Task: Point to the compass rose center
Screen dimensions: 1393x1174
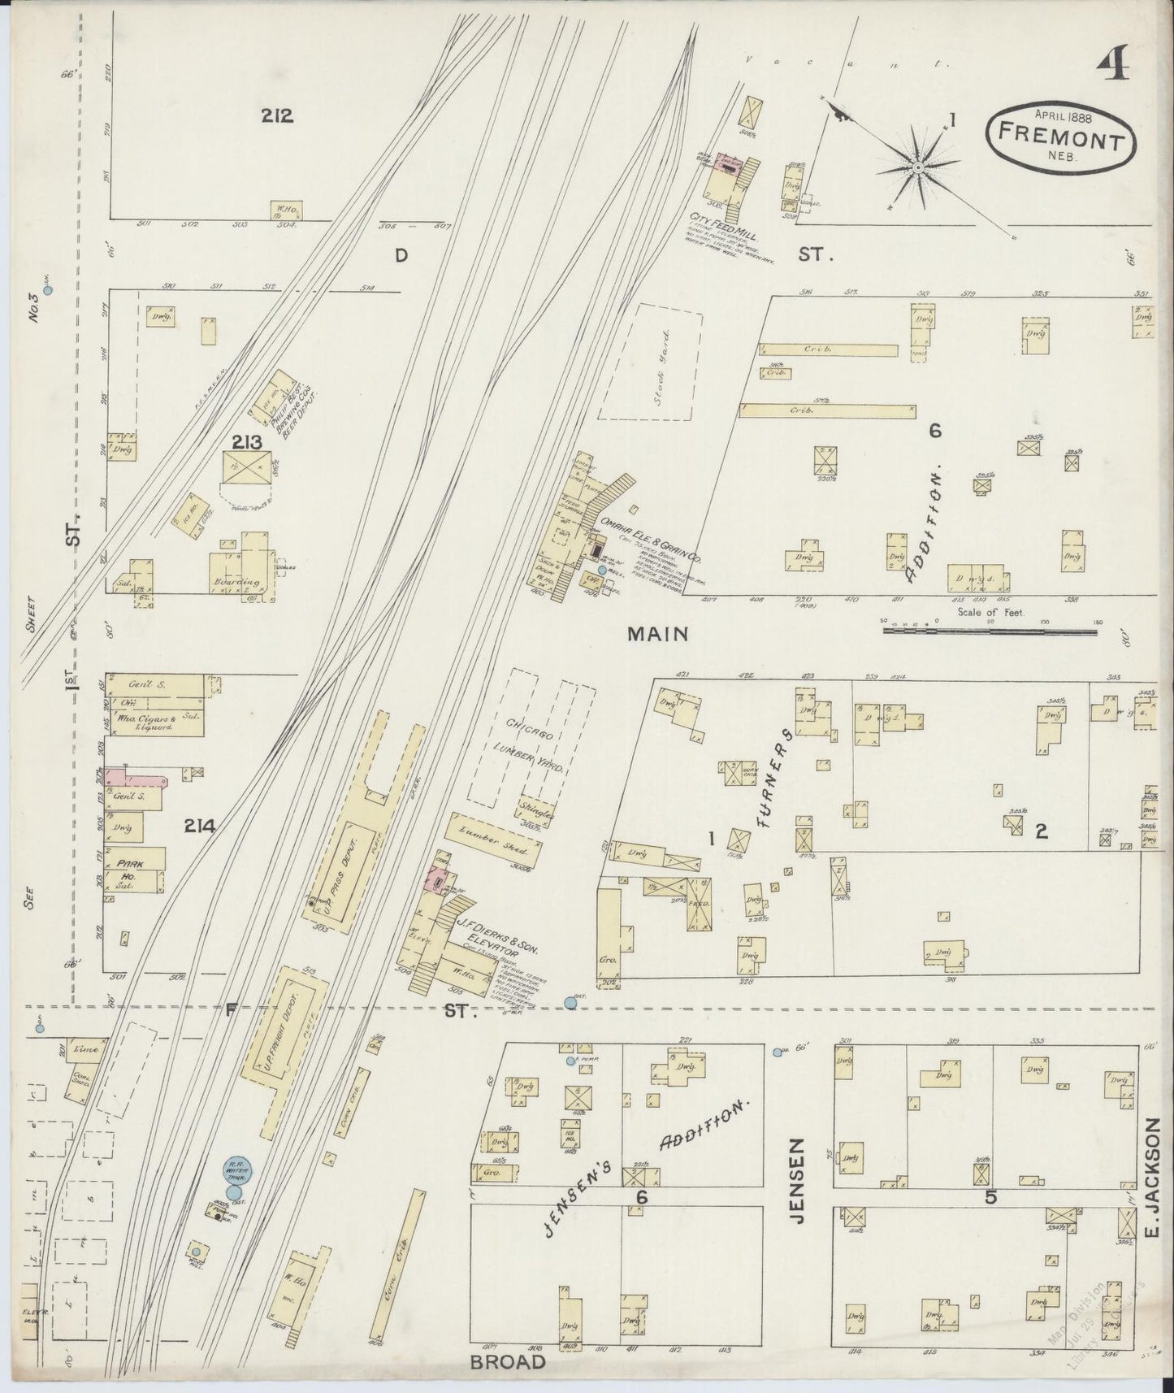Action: (x=917, y=167)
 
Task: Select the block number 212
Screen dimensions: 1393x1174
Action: (x=277, y=115)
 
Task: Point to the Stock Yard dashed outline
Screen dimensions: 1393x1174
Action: (x=648, y=362)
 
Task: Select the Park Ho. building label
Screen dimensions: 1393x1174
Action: (x=130, y=870)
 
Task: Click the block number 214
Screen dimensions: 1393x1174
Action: (x=199, y=827)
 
